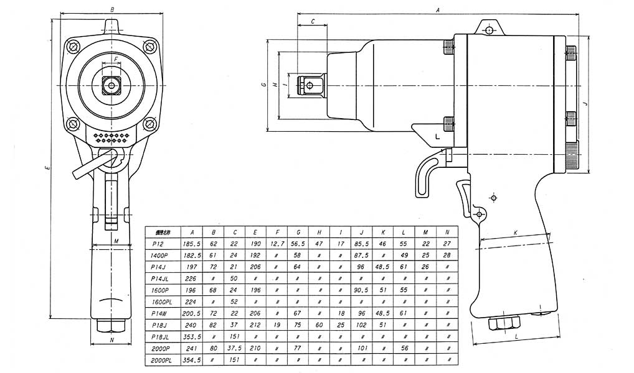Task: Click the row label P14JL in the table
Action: [160, 278]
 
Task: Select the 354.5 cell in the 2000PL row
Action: [191, 361]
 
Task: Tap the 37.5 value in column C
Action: [235, 349]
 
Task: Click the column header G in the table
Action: [298, 232]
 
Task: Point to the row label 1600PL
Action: [160, 302]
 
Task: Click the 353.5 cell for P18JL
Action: [191, 337]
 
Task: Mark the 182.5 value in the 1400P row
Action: [191, 255]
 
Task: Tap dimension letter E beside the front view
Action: [47, 168]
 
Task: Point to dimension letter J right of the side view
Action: [585, 103]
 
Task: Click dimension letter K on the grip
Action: [515, 233]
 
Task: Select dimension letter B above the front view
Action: [111, 10]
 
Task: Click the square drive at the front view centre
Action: [111, 85]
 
